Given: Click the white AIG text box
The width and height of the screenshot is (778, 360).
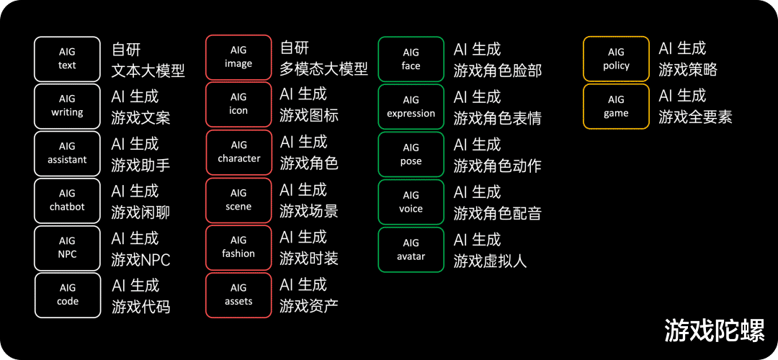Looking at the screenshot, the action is pyautogui.click(x=66, y=59).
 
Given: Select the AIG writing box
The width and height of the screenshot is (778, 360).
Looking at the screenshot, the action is pyautogui.click(x=66, y=107).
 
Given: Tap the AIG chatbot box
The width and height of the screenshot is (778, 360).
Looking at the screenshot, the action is pyautogui.click(x=66, y=201).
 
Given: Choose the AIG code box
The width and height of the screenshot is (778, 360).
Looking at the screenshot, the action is pyautogui.click(x=68, y=295).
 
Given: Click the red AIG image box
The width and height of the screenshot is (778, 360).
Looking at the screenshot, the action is pyautogui.click(x=238, y=58).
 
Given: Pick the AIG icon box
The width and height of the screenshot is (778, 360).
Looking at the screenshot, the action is pyautogui.click(x=238, y=104).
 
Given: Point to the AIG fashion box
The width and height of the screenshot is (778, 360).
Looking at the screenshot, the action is pyautogui.click(x=238, y=248).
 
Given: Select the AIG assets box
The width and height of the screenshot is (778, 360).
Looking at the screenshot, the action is pyautogui.click(x=238, y=295).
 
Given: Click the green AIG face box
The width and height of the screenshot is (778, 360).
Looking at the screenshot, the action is pyautogui.click(x=411, y=59).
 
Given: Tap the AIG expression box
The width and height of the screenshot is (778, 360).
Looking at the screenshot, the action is pyautogui.click(x=411, y=107).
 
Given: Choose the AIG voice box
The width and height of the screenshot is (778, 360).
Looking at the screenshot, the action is pyautogui.click(x=411, y=202).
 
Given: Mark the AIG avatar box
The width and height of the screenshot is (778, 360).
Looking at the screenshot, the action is pyautogui.click(x=411, y=250).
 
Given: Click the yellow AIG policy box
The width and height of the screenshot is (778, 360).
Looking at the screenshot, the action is pyautogui.click(x=616, y=59).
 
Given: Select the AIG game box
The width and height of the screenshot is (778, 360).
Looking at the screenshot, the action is pyautogui.click(x=616, y=107).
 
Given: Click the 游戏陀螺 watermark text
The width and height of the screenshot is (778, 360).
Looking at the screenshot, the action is pyautogui.click(x=715, y=330).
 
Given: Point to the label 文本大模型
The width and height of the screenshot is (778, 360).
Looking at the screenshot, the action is pyautogui.click(x=148, y=71).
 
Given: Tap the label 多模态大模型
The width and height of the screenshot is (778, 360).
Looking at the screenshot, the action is pyautogui.click(x=323, y=69).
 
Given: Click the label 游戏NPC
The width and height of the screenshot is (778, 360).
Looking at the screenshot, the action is pyautogui.click(x=141, y=259).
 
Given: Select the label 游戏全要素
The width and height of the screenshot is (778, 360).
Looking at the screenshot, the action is pyautogui.click(x=695, y=117).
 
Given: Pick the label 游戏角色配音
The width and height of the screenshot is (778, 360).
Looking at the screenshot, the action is pyautogui.click(x=497, y=213).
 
